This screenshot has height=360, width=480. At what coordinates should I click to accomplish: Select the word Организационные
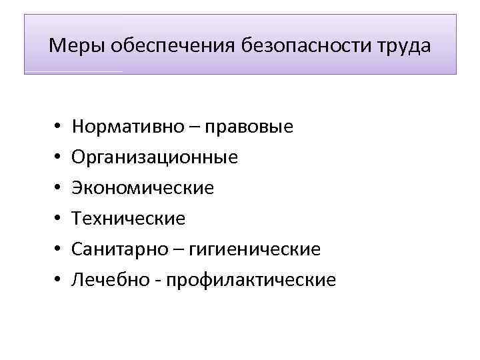[x=155, y=157]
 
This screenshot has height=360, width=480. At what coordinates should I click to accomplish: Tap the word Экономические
[x=143, y=188]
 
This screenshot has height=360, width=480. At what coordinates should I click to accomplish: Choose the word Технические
[x=129, y=219]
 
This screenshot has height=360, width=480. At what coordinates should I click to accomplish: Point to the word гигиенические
[x=255, y=249]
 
